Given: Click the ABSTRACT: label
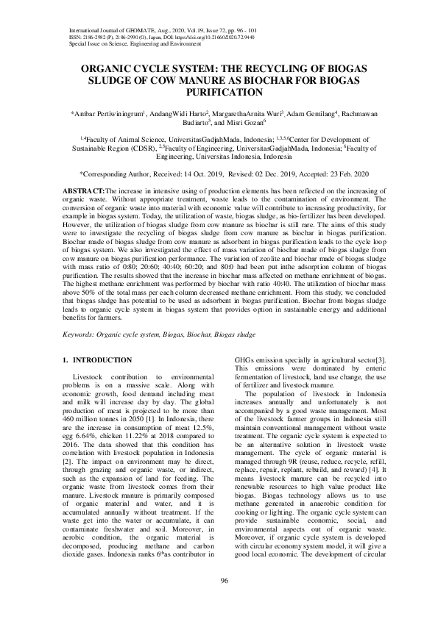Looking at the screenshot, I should (80, 190).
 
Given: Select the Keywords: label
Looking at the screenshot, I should (79, 334).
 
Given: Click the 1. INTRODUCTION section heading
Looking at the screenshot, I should (96, 360).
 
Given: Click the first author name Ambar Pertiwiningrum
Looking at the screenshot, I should (107, 114).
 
